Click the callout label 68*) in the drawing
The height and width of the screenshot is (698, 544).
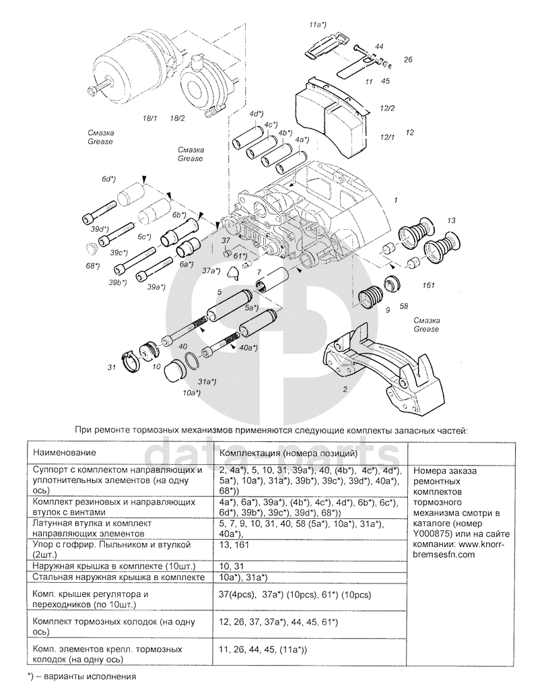[x=92, y=265]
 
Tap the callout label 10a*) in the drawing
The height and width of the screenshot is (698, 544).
[x=191, y=392]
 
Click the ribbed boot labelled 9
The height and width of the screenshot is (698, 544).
[x=370, y=296]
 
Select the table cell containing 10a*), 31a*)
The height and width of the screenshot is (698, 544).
[x=244, y=578]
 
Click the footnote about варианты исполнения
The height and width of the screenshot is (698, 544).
[x=81, y=675]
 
